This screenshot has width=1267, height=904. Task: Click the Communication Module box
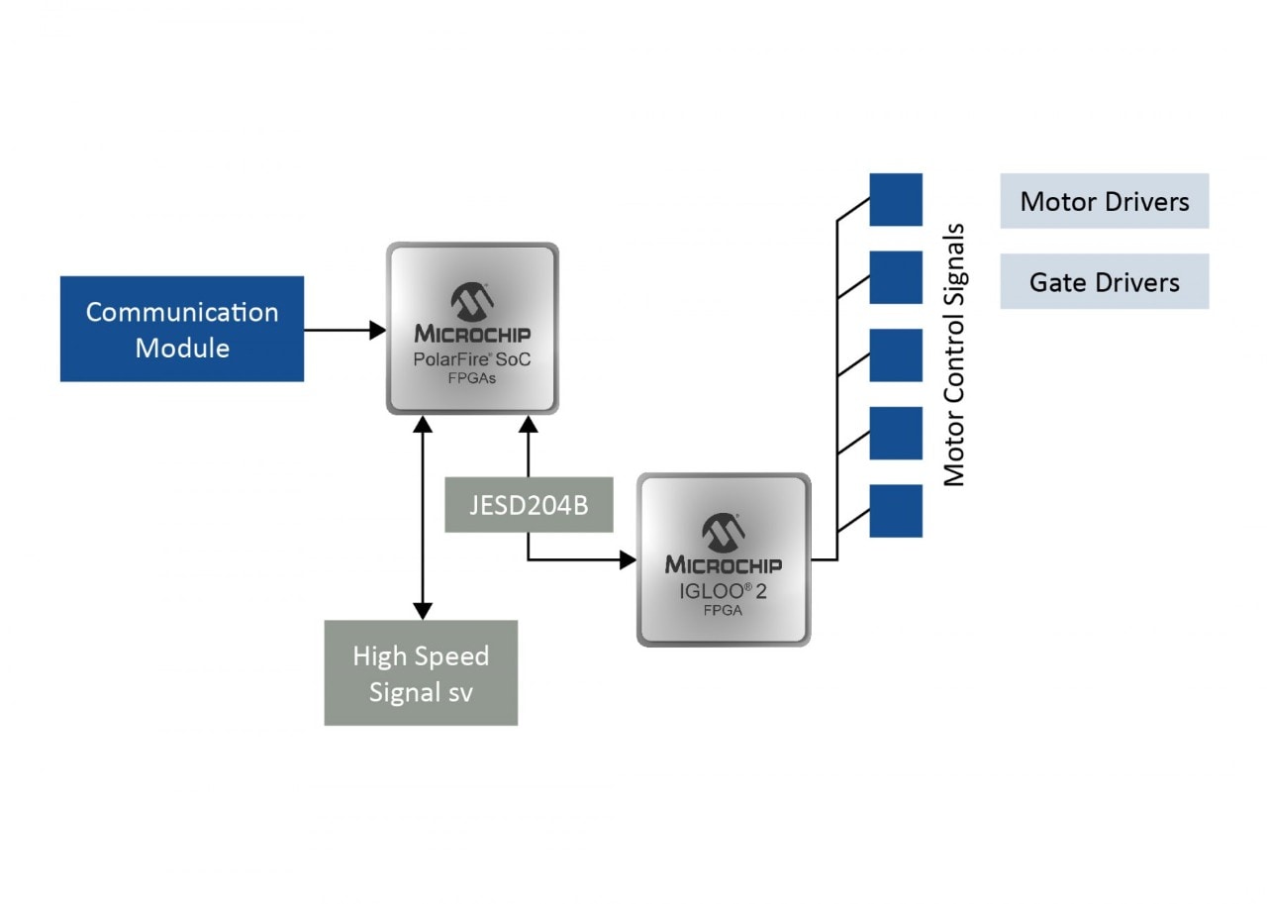181,329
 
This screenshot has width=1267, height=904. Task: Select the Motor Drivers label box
1104,201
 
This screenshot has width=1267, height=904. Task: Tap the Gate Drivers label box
1104,281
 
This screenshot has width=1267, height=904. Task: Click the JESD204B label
528,505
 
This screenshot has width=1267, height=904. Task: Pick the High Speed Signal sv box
421,673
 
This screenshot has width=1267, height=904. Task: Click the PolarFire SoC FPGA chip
472,329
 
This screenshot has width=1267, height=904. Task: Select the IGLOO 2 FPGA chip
724,559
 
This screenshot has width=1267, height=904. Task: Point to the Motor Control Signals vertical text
953,355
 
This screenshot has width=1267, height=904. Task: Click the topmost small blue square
896,200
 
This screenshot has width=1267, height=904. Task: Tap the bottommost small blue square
896,511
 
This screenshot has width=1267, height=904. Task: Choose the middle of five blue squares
896,355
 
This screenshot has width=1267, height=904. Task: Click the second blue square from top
896,277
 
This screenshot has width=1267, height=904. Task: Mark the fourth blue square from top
896,433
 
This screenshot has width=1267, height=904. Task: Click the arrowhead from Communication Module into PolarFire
377,330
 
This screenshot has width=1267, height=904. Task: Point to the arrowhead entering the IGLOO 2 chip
628,559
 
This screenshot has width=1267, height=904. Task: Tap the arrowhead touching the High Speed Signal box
423,611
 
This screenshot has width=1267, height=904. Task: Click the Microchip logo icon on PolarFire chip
472,300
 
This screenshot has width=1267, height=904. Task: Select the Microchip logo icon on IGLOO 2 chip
724,533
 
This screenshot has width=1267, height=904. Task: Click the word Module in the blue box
182,349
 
